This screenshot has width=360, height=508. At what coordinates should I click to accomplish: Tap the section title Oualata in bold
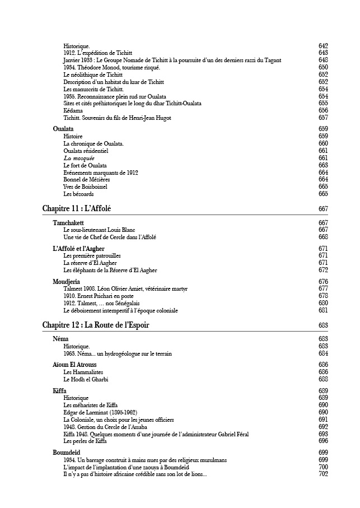pyautogui.click(x=63, y=129)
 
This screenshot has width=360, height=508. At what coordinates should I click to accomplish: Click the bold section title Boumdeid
pyautogui.click(x=68, y=452)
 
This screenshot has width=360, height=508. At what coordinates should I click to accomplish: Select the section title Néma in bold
pyautogui.click(x=60, y=339)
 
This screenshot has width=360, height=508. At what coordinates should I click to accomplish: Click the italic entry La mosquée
pyautogui.click(x=78, y=158)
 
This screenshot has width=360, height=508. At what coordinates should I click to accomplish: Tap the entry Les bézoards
pyautogui.click(x=78, y=194)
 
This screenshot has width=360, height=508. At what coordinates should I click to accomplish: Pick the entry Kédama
pyautogui.click(x=73, y=110)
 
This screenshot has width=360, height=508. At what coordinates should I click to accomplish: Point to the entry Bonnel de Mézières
pyautogui.click(x=87, y=179)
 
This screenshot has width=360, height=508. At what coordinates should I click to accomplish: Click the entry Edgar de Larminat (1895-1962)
pyautogui.click(x=101, y=412)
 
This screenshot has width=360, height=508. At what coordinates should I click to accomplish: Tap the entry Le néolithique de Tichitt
pyautogui.click(x=93, y=74)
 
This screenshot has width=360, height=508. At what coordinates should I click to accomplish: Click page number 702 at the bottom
pyautogui.click(x=323, y=474)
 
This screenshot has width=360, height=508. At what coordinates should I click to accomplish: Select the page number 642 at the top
pyautogui.click(x=323, y=45)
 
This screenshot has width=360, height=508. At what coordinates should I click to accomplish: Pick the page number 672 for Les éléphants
pyautogui.click(x=323, y=270)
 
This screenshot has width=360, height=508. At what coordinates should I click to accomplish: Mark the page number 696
pyautogui.click(x=323, y=441)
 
